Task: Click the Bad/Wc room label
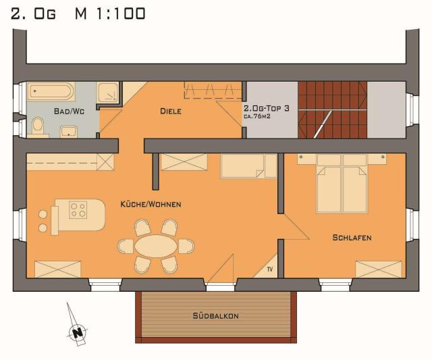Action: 69,111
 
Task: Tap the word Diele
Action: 171,111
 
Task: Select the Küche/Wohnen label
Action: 151,204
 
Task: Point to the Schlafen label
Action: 352,238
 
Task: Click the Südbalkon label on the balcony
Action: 216,315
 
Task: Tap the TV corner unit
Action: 265,266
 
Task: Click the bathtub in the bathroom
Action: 51,91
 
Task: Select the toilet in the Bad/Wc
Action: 38,127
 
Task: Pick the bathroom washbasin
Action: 69,132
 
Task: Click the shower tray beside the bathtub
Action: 108,93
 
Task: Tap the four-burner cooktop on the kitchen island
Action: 78,210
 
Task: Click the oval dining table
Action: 156,246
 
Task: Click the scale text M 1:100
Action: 110,14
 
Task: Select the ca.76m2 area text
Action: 256,116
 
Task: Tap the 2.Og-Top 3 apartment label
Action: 267,108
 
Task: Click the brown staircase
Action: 333,109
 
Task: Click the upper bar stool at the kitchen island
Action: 43,214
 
